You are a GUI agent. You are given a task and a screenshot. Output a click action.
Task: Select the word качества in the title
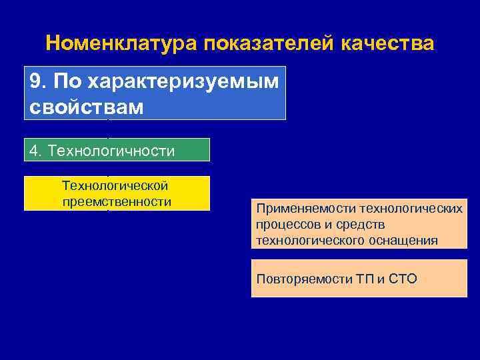point(387,44)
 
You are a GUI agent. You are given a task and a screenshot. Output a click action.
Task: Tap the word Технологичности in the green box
point(111,151)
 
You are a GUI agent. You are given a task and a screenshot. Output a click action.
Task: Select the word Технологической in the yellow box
point(115,185)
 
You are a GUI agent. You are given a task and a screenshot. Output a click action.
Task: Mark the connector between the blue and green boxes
point(108,129)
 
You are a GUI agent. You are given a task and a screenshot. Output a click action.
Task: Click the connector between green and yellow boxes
point(108,169)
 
